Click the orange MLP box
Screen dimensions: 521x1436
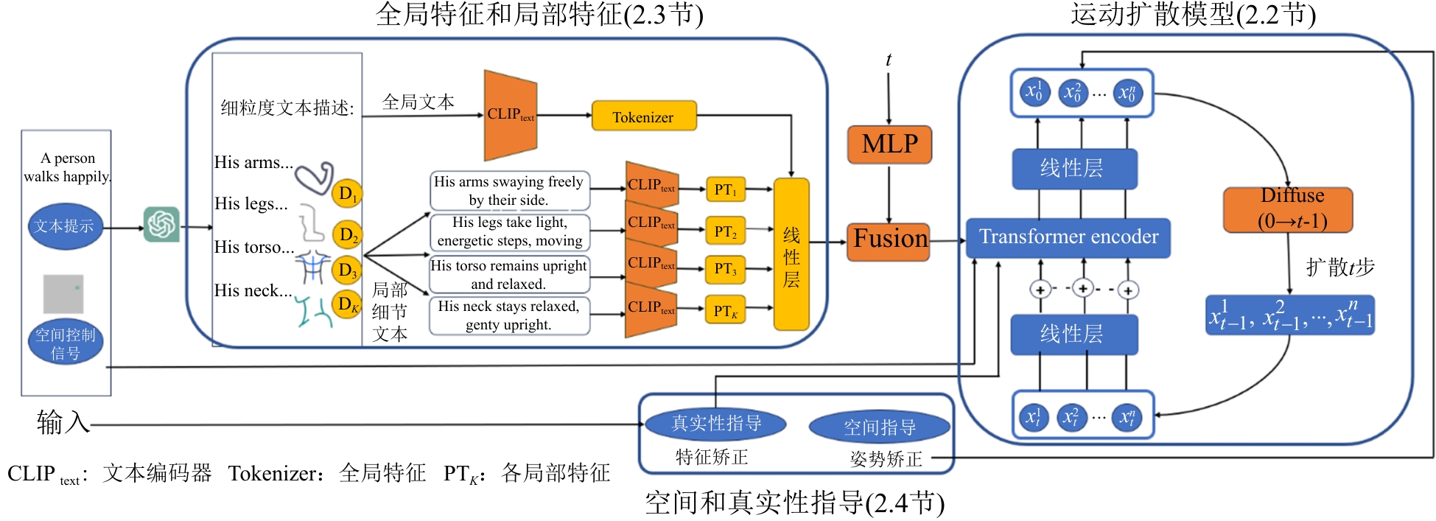[889, 144]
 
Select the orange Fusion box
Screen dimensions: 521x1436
[889, 241]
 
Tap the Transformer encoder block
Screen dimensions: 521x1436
[1068, 237]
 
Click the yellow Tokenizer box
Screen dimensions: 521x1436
[644, 116]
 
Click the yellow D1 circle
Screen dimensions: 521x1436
[347, 194]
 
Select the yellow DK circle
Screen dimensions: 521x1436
[346, 304]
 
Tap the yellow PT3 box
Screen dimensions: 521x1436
[725, 270]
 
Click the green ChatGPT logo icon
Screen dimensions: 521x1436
[161, 225]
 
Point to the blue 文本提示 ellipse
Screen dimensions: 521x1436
[65, 226]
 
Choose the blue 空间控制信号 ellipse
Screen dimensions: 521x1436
[66, 343]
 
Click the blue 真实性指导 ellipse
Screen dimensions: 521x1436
[715, 424]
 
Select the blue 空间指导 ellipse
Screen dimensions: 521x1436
[879, 427]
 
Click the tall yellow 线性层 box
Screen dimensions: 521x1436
[791, 255]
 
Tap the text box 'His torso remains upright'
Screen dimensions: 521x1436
[509, 274]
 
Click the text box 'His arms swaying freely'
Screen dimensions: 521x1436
[509, 190]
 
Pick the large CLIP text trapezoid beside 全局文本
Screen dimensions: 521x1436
[510, 115]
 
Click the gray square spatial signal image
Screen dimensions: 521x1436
[63, 293]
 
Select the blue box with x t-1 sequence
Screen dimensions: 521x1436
[1289, 315]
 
